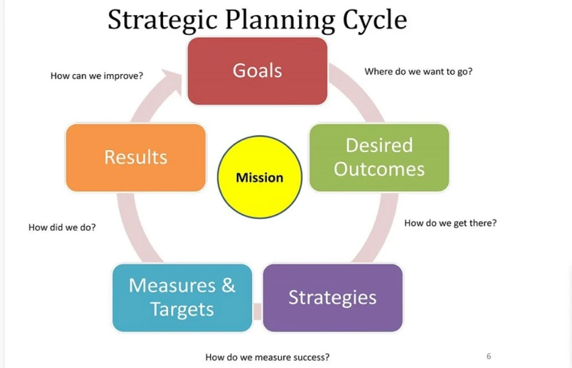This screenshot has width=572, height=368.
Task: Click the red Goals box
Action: (257, 71)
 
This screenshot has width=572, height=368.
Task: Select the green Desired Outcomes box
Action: (379, 157)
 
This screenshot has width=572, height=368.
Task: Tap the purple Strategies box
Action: (332, 297)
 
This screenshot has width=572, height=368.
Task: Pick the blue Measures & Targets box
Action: (182, 297)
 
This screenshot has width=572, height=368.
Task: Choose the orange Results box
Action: (136, 157)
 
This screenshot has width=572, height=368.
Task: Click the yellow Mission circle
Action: (259, 178)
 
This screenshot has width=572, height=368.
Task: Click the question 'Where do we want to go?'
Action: (418, 72)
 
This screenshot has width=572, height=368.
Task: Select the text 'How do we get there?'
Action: (450, 223)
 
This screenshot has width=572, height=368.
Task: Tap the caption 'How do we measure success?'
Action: (267, 357)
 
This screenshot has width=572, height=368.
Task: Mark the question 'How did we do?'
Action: (62, 228)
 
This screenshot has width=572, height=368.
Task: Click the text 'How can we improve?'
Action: (97, 75)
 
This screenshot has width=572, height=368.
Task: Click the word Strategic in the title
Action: (163, 20)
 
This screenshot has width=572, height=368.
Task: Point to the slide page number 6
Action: (488, 356)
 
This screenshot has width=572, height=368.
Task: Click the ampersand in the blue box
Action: (228, 285)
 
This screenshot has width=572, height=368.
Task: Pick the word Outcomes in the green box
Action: (379, 169)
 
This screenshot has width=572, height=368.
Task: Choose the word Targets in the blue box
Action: (182, 310)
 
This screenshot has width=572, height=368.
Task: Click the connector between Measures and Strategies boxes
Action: (258, 310)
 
